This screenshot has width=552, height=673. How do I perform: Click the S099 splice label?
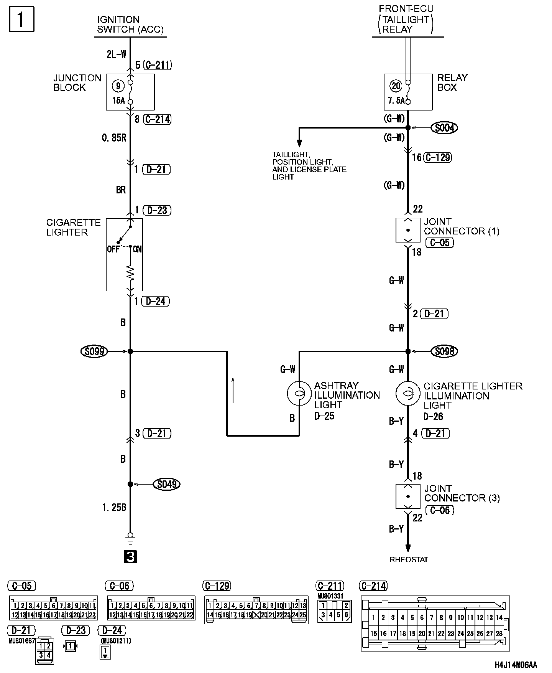tap(94, 351)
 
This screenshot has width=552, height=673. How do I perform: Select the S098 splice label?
tap(444, 351)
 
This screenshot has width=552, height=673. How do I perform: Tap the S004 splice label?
tap(444, 127)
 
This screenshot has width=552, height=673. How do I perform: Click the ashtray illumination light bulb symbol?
tap(299, 393)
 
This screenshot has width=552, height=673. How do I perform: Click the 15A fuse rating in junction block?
tap(118, 101)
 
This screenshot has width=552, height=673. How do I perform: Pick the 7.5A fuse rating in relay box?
tap(396, 101)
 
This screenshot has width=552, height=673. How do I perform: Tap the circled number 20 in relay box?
tap(396, 86)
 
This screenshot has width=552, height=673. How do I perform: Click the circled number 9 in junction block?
tap(118, 86)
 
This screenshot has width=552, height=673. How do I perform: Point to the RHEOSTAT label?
tap(409, 559)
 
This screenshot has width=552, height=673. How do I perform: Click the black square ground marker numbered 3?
tap(130, 557)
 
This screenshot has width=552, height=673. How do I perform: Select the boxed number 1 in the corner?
tap(21, 19)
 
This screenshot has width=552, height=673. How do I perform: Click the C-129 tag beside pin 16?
tap(438, 157)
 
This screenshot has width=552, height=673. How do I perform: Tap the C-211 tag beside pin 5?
tap(158, 65)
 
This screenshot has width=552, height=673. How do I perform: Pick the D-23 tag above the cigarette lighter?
tap(157, 210)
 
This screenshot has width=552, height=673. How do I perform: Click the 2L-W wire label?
tap(116, 54)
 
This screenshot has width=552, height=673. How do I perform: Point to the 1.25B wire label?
tap(114, 507)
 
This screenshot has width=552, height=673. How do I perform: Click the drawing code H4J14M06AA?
tap(516, 664)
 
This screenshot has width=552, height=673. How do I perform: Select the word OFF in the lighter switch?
tap(113, 249)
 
